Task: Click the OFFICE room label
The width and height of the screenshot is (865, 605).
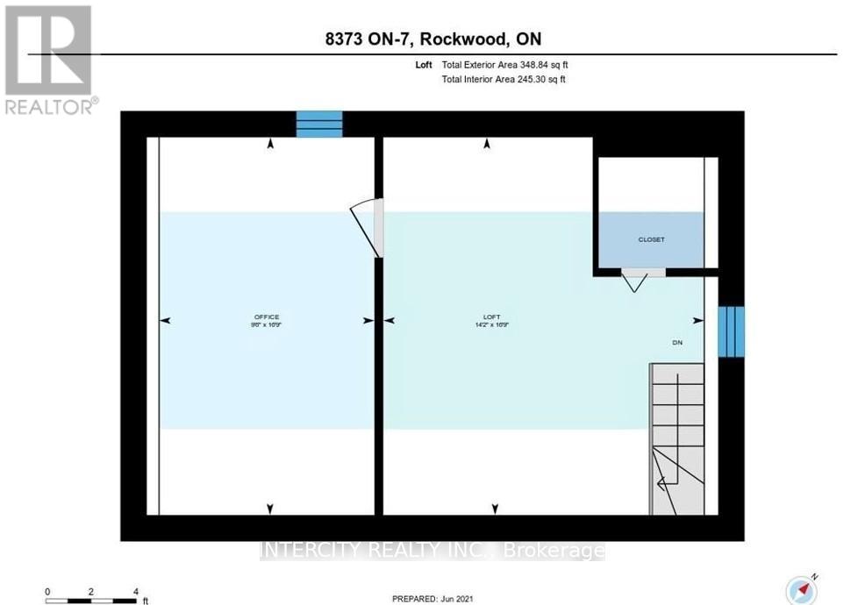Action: coord(266,318)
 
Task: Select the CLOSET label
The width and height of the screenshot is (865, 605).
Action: coord(651,239)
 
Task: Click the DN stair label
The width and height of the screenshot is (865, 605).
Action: coord(676,343)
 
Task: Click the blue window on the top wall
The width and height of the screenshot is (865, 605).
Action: coord(318,125)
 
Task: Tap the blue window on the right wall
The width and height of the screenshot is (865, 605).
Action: coord(731,331)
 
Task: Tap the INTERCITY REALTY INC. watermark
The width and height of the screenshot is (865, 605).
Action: coord(432,551)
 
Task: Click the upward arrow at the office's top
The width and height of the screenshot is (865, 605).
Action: coord(270,143)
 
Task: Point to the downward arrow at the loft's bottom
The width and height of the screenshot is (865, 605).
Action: coord(496,509)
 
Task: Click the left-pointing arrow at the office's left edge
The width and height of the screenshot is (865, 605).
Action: coord(164,322)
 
